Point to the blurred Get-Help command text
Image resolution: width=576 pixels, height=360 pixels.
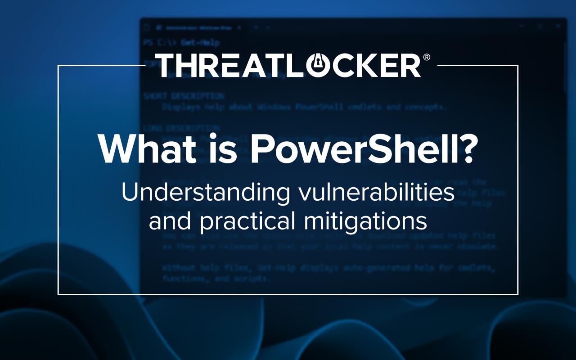point(200,43)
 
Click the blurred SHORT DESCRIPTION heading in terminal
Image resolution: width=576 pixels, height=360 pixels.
point(184,96)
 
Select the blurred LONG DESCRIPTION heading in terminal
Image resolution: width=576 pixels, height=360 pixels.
point(181,128)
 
